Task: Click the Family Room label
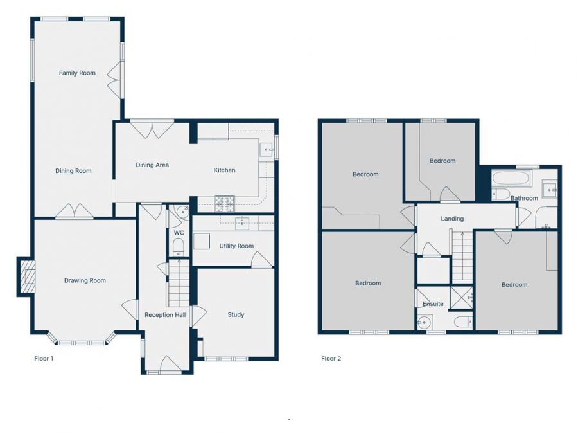tap(77, 73)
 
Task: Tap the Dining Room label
tap(73, 171)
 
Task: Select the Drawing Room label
tap(85, 280)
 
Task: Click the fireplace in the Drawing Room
tap(26, 276)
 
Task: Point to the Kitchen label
tap(224, 170)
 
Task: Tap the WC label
tap(179, 232)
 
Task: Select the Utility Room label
tap(236, 246)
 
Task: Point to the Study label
tap(236, 315)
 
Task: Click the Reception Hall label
tap(165, 315)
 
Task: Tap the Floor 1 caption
tap(44, 359)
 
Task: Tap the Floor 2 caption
tap(331, 359)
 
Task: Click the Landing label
tap(452, 219)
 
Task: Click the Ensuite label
tap(433, 304)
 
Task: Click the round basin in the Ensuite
tap(423, 321)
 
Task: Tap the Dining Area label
tap(152, 165)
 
